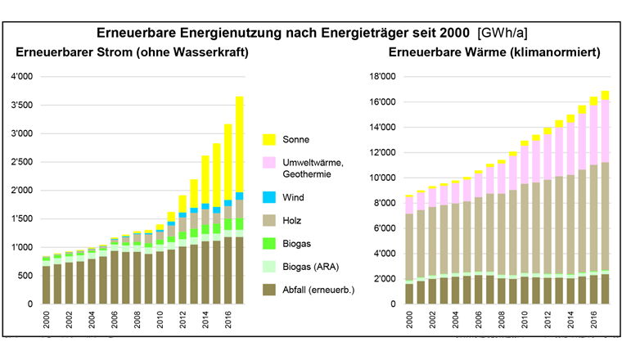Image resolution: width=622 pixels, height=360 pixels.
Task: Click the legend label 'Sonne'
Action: coord(297,140)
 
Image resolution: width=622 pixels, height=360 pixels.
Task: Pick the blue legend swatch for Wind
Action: coord(269,198)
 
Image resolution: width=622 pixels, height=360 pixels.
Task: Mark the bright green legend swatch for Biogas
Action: coord(269,243)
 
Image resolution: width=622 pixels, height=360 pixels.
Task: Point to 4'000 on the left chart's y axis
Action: coord(22,77)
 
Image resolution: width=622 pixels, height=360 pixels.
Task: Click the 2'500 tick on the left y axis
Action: coord(22,162)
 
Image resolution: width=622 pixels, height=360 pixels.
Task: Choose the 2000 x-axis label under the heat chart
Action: coord(409,321)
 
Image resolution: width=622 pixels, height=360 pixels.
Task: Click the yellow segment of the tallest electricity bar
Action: coord(239,144)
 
